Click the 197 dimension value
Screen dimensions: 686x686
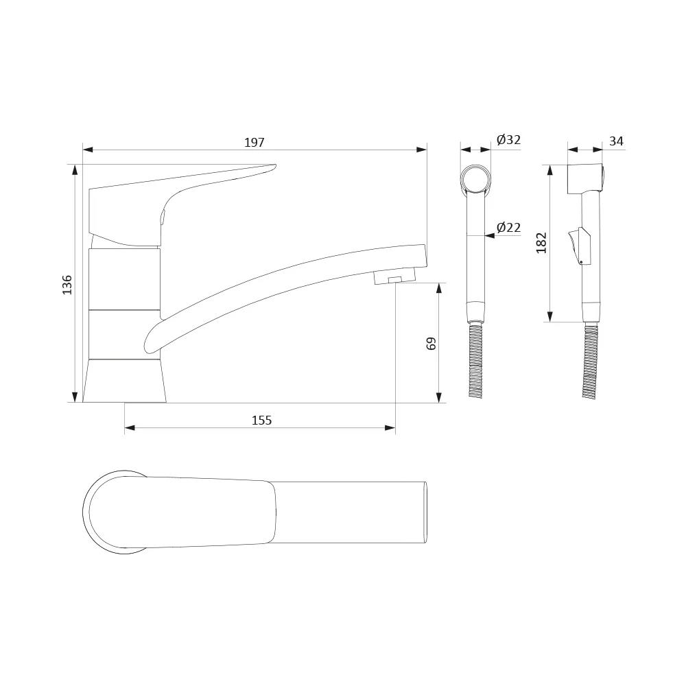click(255, 143)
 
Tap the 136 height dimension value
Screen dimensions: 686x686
click(67, 285)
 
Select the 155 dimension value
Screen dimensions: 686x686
click(261, 421)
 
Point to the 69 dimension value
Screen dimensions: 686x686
click(431, 344)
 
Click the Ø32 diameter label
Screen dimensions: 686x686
click(508, 140)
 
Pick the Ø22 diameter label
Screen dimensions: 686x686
click(508, 228)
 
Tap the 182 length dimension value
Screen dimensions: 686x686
click(542, 243)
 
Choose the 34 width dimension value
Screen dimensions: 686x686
click(617, 141)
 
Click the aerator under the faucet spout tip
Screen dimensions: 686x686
click(394, 276)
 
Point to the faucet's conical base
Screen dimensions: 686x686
click(125, 381)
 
